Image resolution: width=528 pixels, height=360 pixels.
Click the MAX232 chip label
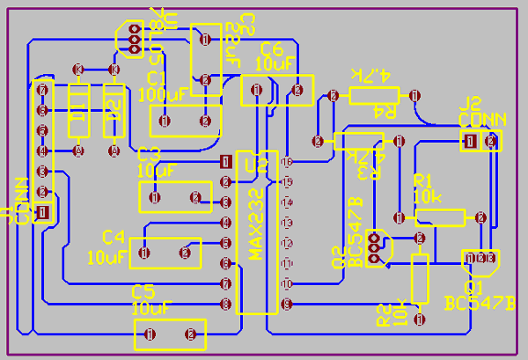[255, 224]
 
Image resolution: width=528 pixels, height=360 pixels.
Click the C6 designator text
[271, 48]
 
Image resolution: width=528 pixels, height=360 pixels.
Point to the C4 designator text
[114, 237]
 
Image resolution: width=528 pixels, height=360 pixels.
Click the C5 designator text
[143, 291]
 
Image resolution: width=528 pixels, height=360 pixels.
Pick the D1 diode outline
[79, 111]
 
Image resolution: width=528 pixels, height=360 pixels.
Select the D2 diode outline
[113, 111]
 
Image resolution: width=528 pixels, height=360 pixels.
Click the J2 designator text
[472, 103]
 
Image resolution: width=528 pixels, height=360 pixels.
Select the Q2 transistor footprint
[377, 248]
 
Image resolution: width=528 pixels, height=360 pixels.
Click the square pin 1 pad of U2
[225, 161]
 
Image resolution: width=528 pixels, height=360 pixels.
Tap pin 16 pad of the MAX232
[286, 162]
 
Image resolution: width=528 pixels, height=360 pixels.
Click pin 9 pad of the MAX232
[286, 305]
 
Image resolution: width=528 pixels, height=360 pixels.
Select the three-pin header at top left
[134, 37]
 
